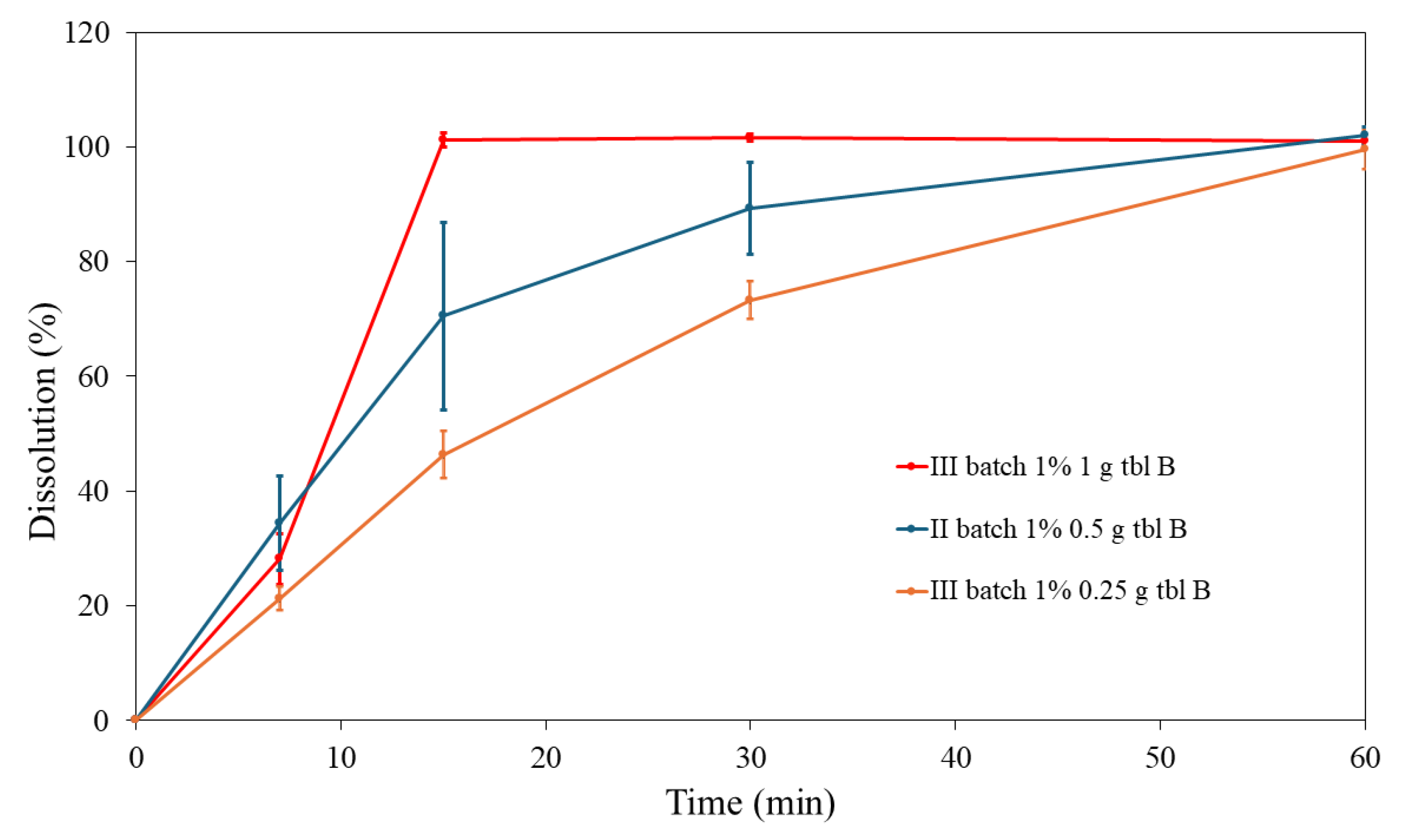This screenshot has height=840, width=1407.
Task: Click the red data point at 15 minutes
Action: (x=443, y=139)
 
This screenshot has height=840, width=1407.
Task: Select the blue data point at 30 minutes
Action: (x=750, y=209)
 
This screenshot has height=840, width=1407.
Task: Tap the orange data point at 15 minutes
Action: (x=443, y=455)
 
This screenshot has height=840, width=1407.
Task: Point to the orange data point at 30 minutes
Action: (x=750, y=300)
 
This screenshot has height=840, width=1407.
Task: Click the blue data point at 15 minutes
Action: (x=443, y=315)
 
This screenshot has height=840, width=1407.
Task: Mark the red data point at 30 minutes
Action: (x=750, y=137)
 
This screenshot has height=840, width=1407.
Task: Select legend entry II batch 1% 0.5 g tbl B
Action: (x=1057, y=529)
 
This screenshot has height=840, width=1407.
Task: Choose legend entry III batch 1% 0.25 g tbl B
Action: (x=1069, y=591)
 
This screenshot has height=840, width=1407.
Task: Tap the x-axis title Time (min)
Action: (x=750, y=802)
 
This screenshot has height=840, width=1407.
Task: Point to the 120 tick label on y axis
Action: (x=86, y=33)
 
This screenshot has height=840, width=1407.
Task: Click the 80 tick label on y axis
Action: (x=94, y=262)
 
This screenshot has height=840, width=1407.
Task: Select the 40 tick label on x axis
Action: (x=956, y=757)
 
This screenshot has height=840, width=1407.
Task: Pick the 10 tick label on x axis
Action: (x=341, y=757)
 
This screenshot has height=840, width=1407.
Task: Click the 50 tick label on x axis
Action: (x=1161, y=757)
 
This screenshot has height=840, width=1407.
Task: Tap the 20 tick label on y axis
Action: (x=94, y=606)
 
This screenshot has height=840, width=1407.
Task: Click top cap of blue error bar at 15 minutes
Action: (x=444, y=223)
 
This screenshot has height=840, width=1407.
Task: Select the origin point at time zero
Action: (x=135, y=720)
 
